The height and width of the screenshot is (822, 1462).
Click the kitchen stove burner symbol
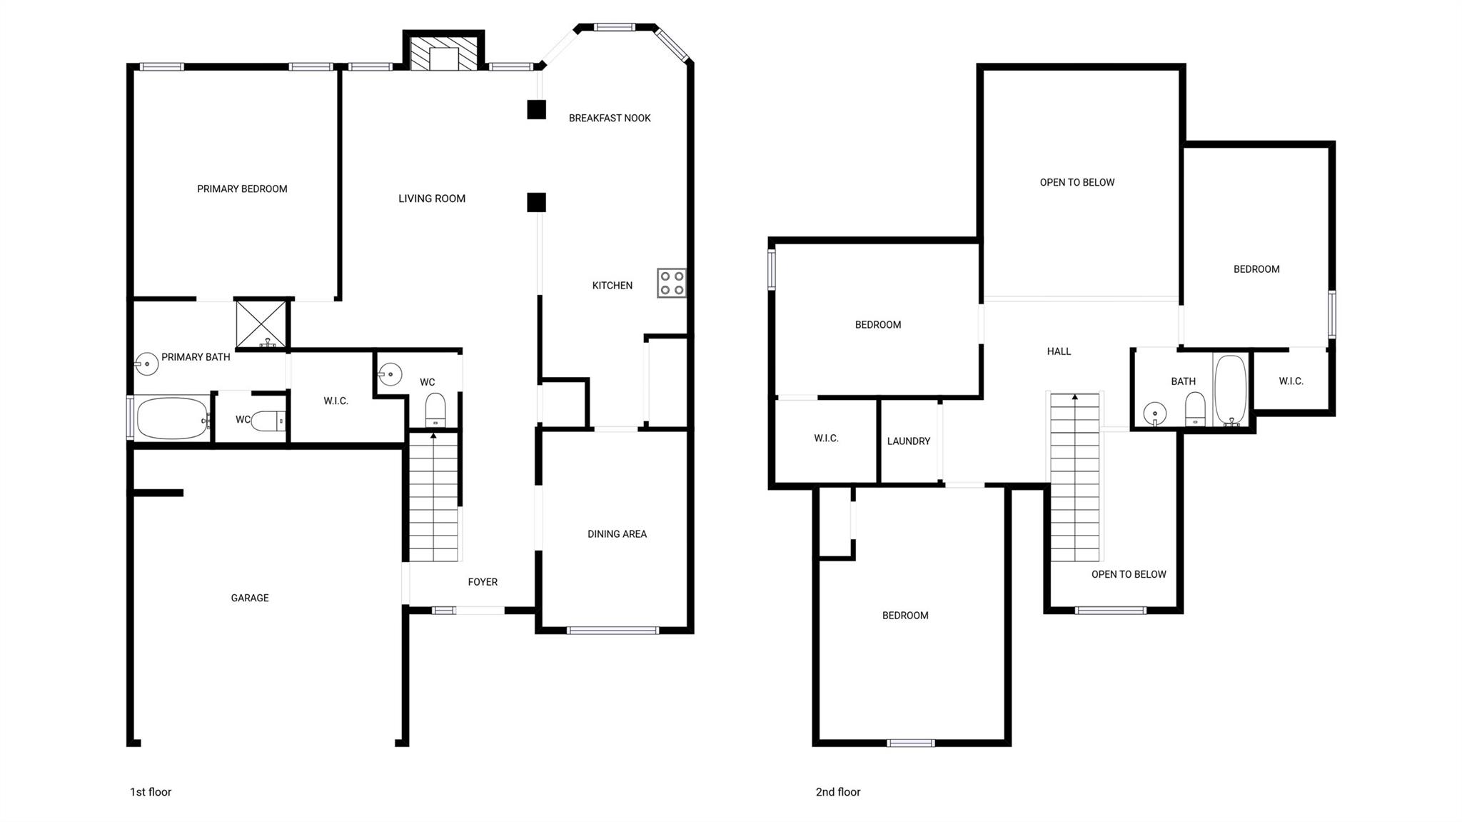[x=671, y=283]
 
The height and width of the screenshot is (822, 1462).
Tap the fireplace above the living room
[x=443, y=54]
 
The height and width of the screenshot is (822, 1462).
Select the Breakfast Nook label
[x=610, y=118]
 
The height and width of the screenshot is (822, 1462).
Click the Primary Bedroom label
[x=242, y=189]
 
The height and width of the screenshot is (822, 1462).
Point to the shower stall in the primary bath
[x=261, y=324]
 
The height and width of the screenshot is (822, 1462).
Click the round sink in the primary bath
[x=146, y=364]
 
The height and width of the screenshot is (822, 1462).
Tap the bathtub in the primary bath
[x=171, y=418]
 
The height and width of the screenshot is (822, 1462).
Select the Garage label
[x=250, y=598]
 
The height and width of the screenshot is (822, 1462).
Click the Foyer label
[x=483, y=582]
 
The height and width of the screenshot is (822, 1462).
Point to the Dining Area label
[x=617, y=533]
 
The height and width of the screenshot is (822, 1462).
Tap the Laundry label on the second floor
[x=908, y=441]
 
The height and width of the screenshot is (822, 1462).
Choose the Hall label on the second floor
[x=1059, y=351]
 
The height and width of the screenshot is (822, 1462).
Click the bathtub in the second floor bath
[x=1230, y=390]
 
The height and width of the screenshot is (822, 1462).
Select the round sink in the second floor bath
[x=1154, y=413]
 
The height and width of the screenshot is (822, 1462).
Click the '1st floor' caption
[x=151, y=792]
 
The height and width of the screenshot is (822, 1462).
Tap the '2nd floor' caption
[x=838, y=792]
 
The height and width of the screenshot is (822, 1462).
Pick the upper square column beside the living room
[x=536, y=110]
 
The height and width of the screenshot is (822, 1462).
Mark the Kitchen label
[x=612, y=286]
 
